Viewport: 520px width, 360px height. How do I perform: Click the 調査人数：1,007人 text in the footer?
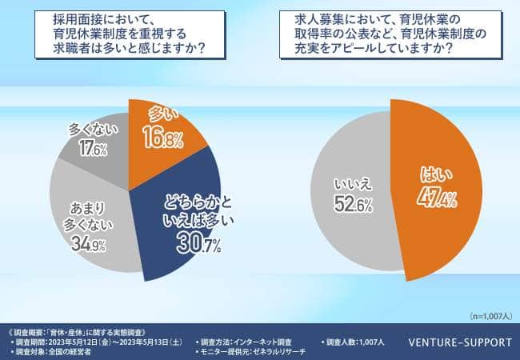click(x=355, y=342)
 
